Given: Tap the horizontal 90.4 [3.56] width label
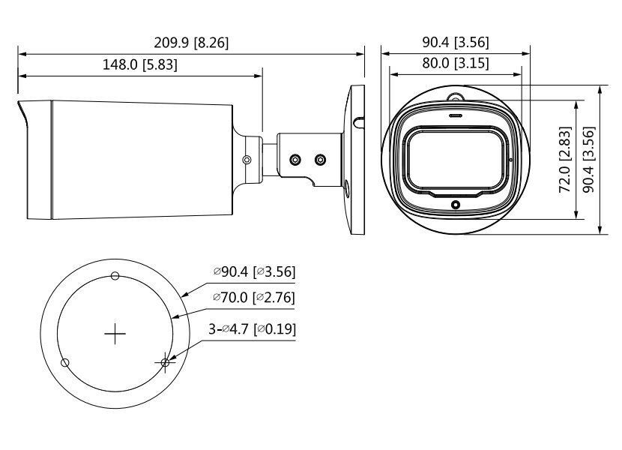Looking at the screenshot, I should [x=455, y=43].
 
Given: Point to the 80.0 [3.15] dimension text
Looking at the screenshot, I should [x=455, y=64].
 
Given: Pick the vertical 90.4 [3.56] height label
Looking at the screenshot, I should [x=590, y=159].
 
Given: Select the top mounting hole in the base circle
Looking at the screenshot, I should [x=115, y=276].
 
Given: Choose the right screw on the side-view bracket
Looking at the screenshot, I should [x=321, y=159].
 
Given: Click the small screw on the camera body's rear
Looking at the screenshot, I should [x=247, y=159].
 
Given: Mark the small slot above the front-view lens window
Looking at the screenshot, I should [x=454, y=117].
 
